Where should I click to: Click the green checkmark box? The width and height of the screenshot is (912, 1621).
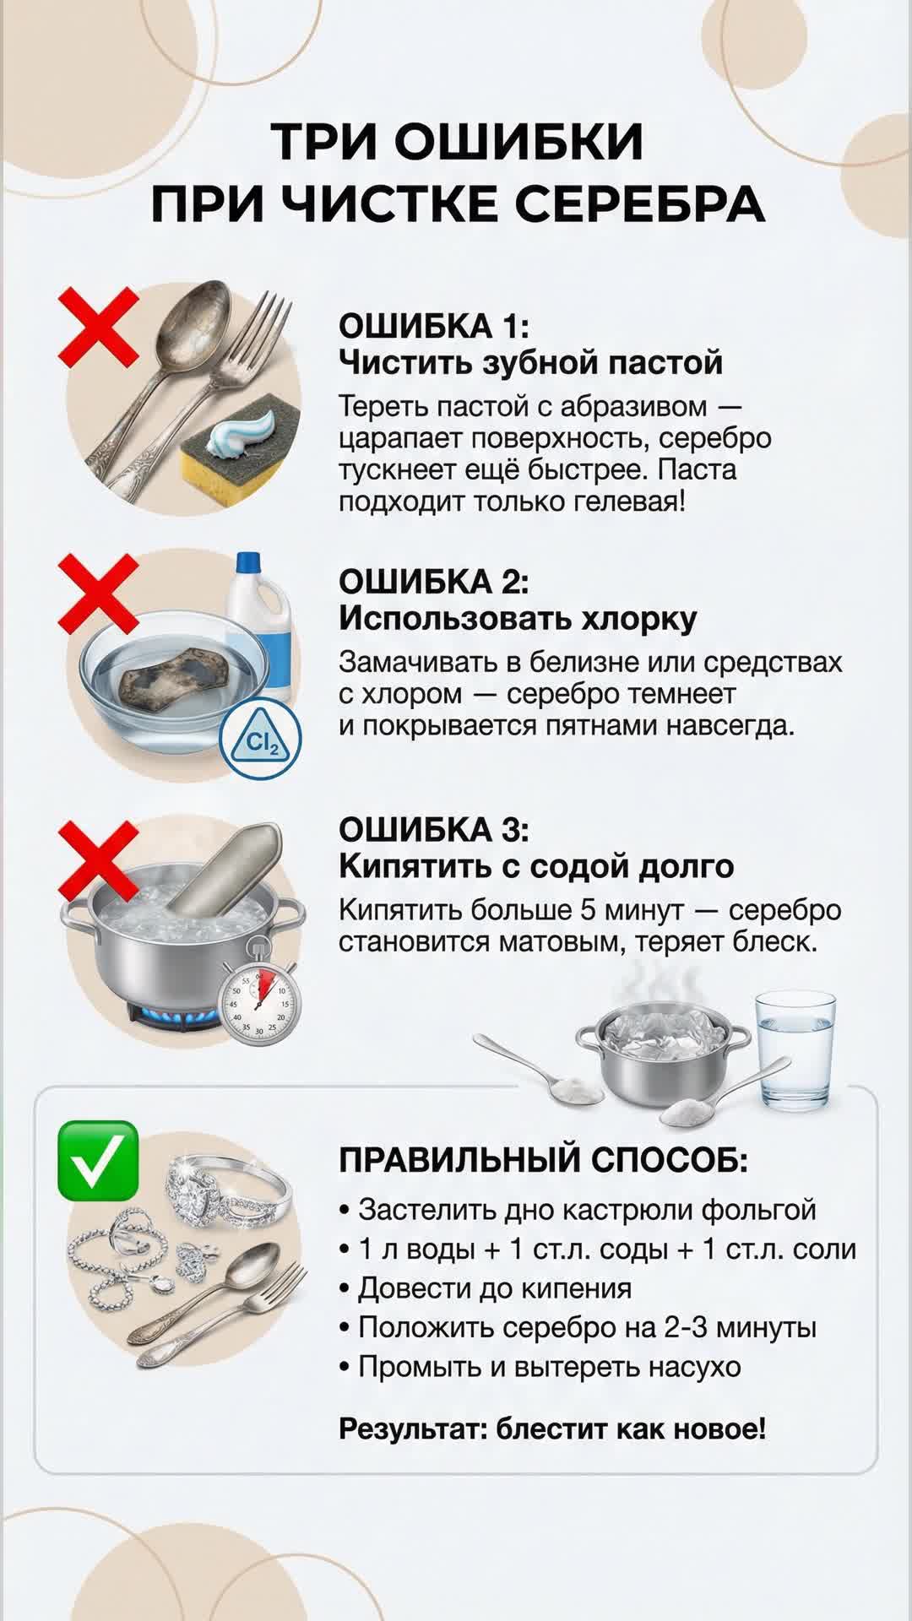pos(98,1160)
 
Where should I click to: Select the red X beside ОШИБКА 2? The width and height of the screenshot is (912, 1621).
pos(98,594)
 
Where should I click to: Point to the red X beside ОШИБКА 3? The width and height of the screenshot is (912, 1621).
pos(98,860)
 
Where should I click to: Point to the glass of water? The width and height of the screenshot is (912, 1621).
pos(795,1051)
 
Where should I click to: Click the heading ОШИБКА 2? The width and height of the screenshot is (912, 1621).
pos(434,581)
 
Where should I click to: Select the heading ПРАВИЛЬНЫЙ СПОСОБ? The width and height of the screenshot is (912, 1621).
pos(544,1160)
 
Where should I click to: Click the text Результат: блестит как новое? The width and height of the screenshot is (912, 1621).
pos(552,1429)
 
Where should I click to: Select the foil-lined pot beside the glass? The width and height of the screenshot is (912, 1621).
pos(662,1055)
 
